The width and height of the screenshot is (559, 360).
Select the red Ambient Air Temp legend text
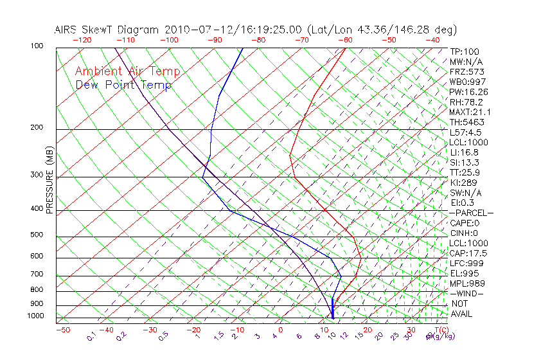128,71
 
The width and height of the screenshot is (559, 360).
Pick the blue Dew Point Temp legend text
123,85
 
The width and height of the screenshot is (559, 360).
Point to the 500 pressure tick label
36,235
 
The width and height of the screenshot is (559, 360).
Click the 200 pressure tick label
36,128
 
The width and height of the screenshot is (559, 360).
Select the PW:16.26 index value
468,92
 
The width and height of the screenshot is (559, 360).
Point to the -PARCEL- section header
472,213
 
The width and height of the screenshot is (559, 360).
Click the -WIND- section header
467,293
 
